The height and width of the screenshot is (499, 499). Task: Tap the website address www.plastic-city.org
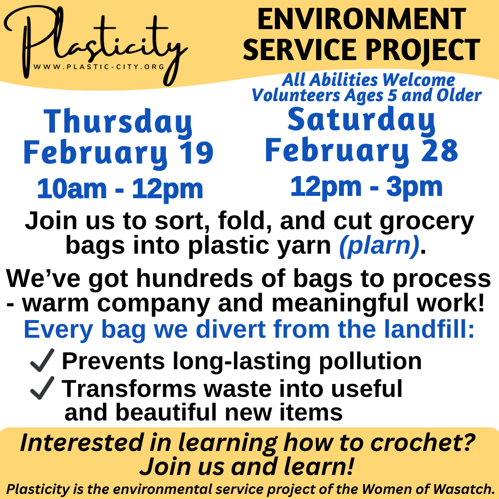tap(99, 67)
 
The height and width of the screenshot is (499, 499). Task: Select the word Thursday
tap(118, 122)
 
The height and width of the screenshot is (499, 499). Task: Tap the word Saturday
tap(361, 119)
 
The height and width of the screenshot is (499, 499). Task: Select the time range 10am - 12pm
tap(120, 189)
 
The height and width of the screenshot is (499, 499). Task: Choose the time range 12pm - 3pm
tap(366, 187)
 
